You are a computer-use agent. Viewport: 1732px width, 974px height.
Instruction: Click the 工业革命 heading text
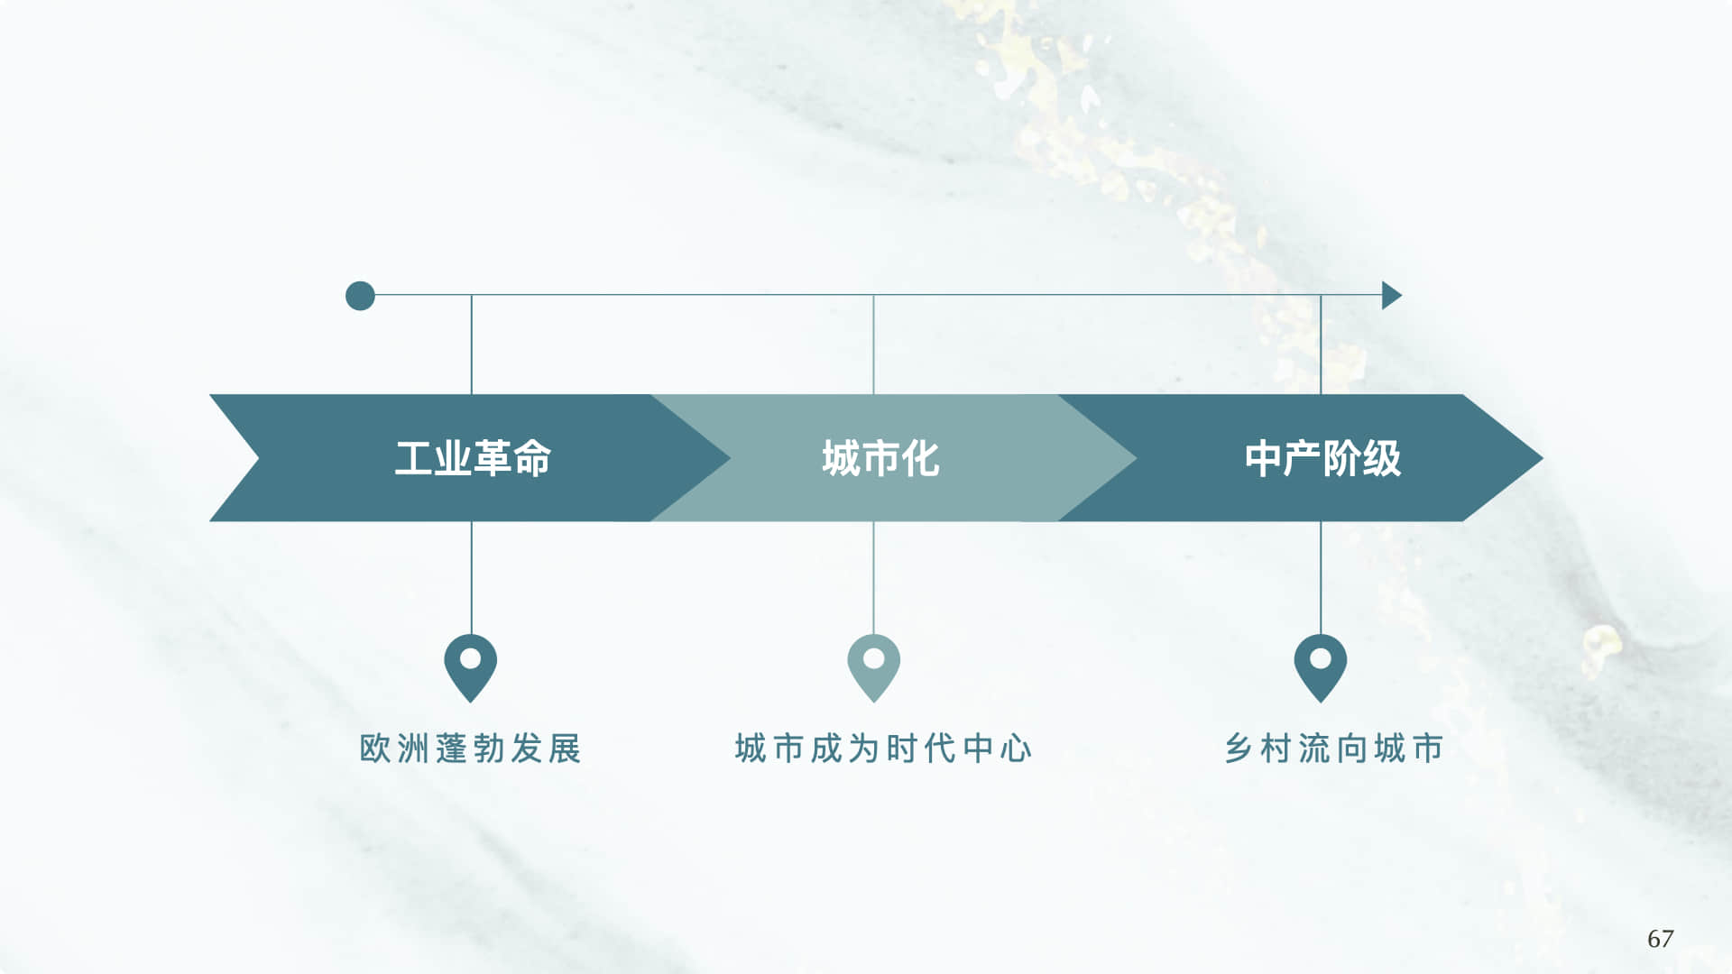pos(473,458)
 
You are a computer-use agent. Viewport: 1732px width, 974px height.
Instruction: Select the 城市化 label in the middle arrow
pos(880,458)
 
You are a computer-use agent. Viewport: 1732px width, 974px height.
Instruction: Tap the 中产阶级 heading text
pos(1322,458)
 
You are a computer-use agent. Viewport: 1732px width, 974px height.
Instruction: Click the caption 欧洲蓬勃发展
pos(470,749)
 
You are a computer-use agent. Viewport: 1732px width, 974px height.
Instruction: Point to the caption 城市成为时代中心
pos(883,749)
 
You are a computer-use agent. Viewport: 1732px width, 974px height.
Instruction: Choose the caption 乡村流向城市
pos(1334,749)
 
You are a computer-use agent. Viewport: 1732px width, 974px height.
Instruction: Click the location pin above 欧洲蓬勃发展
pos(470,666)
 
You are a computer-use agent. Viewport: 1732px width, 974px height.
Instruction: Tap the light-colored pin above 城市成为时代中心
pos(873,666)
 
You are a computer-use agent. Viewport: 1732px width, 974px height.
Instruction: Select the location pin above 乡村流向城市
pos(1320,666)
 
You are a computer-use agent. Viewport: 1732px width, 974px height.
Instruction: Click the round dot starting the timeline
pos(360,296)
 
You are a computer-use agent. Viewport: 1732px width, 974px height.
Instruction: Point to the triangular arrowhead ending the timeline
pos(1391,295)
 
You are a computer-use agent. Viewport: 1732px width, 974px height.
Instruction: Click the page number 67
pos(1660,939)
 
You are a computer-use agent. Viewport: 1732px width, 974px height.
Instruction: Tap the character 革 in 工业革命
pos(493,458)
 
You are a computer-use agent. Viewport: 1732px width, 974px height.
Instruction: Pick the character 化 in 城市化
pos(920,458)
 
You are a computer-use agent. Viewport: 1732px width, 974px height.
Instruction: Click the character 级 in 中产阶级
pos(1382,458)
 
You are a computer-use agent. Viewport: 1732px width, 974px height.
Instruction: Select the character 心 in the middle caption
pos(1016,749)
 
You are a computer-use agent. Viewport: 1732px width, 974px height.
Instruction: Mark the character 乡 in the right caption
pos(1238,749)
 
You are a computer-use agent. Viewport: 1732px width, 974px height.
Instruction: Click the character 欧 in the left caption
pos(374,749)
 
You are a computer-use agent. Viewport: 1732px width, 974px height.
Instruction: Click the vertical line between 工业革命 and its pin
pos(471,577)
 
